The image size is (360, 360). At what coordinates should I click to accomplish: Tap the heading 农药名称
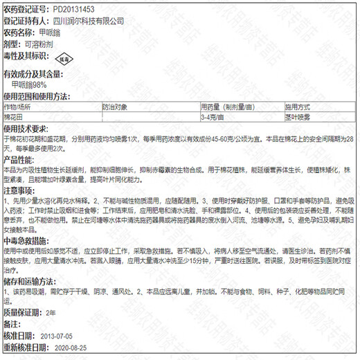point(17,33)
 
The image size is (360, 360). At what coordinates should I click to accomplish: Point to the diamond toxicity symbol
point(63,59)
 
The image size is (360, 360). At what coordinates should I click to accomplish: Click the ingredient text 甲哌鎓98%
point(33,84)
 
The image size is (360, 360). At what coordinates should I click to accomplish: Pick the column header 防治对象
point(115,107)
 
